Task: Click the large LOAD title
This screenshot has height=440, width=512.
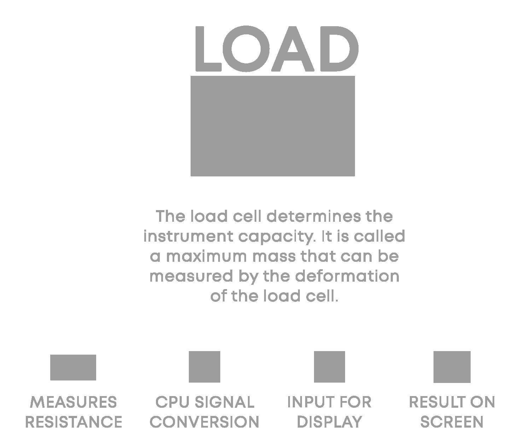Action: pos(277,49)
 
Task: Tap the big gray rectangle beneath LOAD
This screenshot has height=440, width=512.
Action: pos(273,126)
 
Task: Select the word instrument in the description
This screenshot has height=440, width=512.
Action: pos(188,236)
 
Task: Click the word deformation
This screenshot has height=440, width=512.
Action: pos(347,276)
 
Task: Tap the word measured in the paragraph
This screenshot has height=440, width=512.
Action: pos(191,276)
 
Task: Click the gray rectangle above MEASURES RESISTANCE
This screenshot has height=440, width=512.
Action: pos(73,367)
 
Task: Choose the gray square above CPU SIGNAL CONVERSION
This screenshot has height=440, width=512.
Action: pos(204,367)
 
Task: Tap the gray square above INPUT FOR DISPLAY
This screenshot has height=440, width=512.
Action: pos(330,367)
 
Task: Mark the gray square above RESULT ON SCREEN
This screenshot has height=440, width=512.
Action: pos(452,367)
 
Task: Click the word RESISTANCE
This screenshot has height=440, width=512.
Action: pos(74,422)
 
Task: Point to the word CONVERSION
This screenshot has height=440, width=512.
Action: pos(204,422)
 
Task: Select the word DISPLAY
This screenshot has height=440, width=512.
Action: pos(330,422)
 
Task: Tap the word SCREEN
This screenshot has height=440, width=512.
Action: pos(452,422)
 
